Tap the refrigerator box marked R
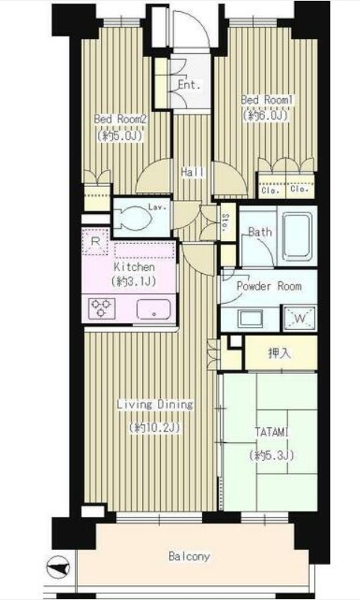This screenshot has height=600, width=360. tap(95, 242)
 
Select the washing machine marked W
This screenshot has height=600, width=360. tap(300, 319)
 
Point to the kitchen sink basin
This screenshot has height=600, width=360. tap(153, 309)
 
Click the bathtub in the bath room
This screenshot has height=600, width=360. tap(296, 236)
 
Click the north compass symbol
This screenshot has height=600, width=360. tap(58, 567)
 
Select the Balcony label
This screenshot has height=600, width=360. tap(189, 556)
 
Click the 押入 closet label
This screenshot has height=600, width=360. tap(280, 353)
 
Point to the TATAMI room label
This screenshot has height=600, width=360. tap(272, 432)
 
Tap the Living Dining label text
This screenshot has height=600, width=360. tap(155, 405)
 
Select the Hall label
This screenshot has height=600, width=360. tap(192, 172)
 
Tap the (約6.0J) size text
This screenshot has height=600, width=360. tap(265, 115)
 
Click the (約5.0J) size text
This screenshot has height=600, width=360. tap(120, 135)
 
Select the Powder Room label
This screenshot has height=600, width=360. tap(269, 287)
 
